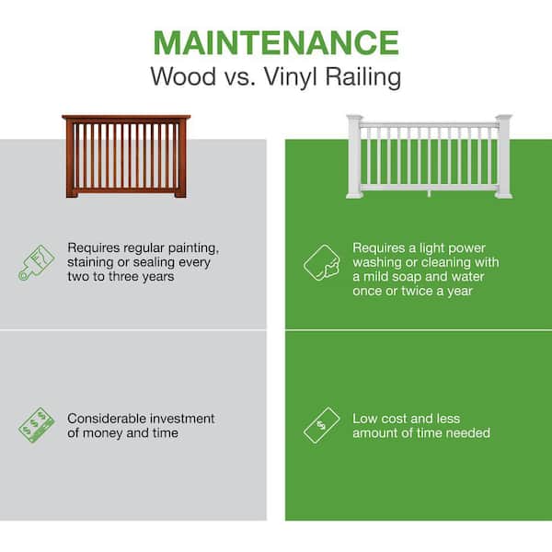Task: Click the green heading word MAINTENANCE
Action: tap(275, 42)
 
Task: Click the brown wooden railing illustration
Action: tap(126, 156)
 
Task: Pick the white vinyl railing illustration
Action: tap(429, 156)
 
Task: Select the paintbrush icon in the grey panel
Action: tap(36, 262)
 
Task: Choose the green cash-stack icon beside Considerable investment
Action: tap(37, 425)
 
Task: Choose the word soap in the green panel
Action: tap(418, 276)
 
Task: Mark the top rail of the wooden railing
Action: tap(126, 119)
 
